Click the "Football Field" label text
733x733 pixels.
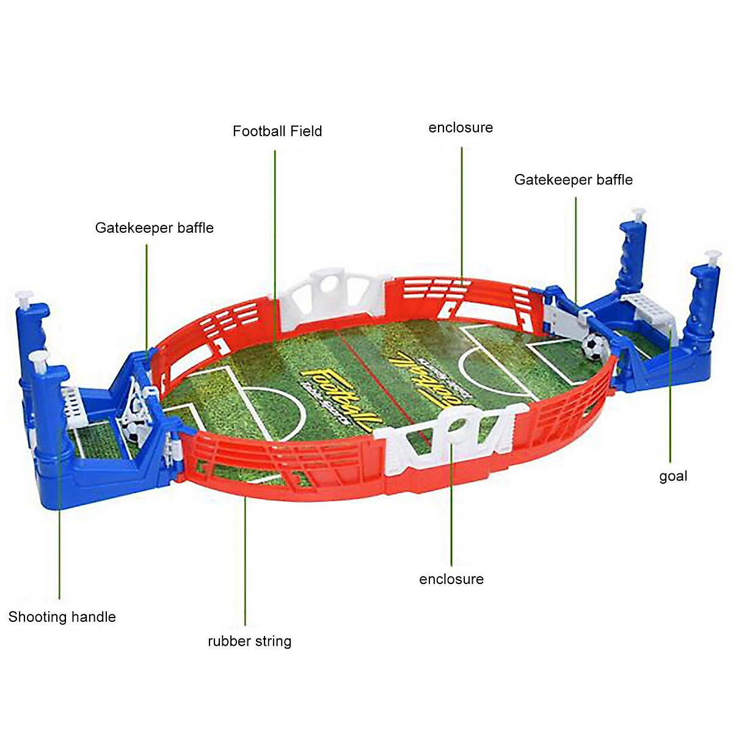pyautogui.click(x=277, y=131)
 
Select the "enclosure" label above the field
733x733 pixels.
pyautogui.click(x=461, y=128)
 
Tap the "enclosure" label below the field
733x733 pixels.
pyautogui.click(x=451, y=579)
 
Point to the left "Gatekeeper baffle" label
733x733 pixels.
pyautogui.click(x=155, y=228)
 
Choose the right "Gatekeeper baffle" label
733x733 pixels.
pyautogui.click(x=573, y=180)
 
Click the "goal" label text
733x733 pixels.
pyautogui.click(x=673, y=476)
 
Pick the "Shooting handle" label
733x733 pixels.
pyautogui.click(x=62, y=617)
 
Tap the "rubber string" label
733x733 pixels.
pyautogui.click(x=249, y=641)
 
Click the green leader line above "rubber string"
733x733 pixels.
pyautogui.click(x=245, y=562)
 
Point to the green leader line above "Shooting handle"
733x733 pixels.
pyautogui.click(x=59, y=519)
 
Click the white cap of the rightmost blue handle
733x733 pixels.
pyautogui.click(x=712, y=255)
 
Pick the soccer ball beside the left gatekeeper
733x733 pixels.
pyautogui.click(x=133, y=431)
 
